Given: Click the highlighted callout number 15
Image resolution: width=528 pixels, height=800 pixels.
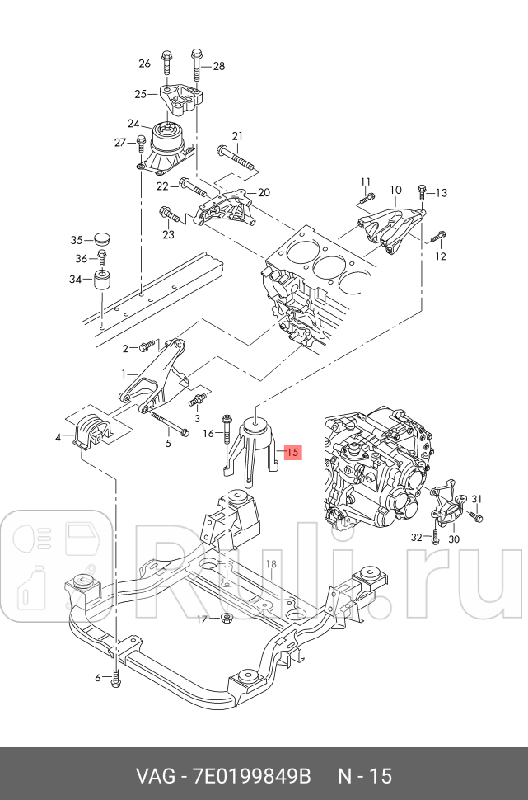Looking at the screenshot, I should pyautogui.click(x=293, y=452).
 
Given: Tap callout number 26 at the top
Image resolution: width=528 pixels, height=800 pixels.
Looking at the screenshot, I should pyautogui.click(x=145, y=64).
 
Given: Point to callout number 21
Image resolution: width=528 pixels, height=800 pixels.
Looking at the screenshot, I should pyautogui.click(x=237, y=136).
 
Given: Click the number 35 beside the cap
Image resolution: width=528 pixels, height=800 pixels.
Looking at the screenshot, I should pyautogui.click(x=77, y=240).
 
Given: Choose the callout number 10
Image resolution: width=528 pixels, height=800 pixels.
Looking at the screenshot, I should pyautogui.click(x=395, y=189).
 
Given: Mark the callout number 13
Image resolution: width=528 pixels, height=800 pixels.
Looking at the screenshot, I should pyautogui.click(x=442, y=193).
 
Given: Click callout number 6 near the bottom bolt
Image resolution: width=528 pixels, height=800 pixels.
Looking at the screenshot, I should pyautogui.click(x=97, y=678).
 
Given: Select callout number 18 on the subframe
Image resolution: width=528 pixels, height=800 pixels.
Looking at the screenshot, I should pyautogui.click(x=271, y=564).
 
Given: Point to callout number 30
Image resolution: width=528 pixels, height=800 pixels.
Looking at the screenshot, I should pyautogui.click(x=453, y=539).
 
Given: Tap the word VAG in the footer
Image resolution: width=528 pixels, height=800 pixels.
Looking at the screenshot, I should pyautogui.click(x=153, y=776).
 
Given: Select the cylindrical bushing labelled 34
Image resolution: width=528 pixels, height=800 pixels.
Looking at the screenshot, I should pyautogui.click(x=104, y=281).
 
